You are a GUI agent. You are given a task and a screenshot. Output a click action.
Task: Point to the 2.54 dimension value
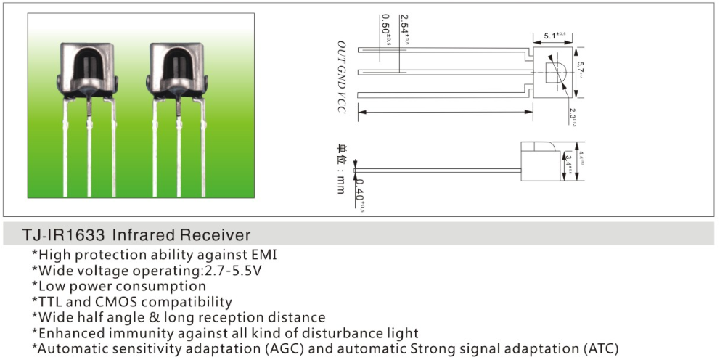(x=404, y=30)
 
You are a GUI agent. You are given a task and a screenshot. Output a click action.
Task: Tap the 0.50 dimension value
(x=385, y=30)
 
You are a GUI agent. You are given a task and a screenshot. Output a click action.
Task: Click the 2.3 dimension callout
(x=573, y=117)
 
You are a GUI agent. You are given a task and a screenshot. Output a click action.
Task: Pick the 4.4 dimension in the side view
(x=581, y=156)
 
